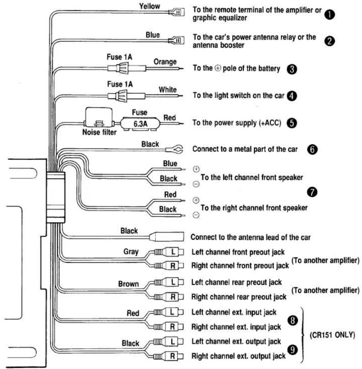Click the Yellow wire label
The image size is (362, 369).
tap(149, 6)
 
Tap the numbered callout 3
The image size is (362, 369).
tap(292, 69)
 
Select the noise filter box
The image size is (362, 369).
tap(98, 117)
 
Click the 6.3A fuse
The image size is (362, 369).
tap(140, 123)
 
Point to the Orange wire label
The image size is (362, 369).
tap(165, 61)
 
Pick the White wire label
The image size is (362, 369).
tap(167, 89)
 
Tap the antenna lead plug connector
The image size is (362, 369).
tap(166, 237)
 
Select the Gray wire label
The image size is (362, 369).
tap(131, 252)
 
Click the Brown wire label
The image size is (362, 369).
tap(128, 284)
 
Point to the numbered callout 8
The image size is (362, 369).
tap(293, 320)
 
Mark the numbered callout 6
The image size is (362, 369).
tap(312, 149)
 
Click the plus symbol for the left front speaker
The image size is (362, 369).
tap(196, 169)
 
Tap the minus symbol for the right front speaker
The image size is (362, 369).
tap(196, 215)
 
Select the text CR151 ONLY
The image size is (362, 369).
tap(332, 334)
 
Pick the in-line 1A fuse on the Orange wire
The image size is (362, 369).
tap(127, 68)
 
